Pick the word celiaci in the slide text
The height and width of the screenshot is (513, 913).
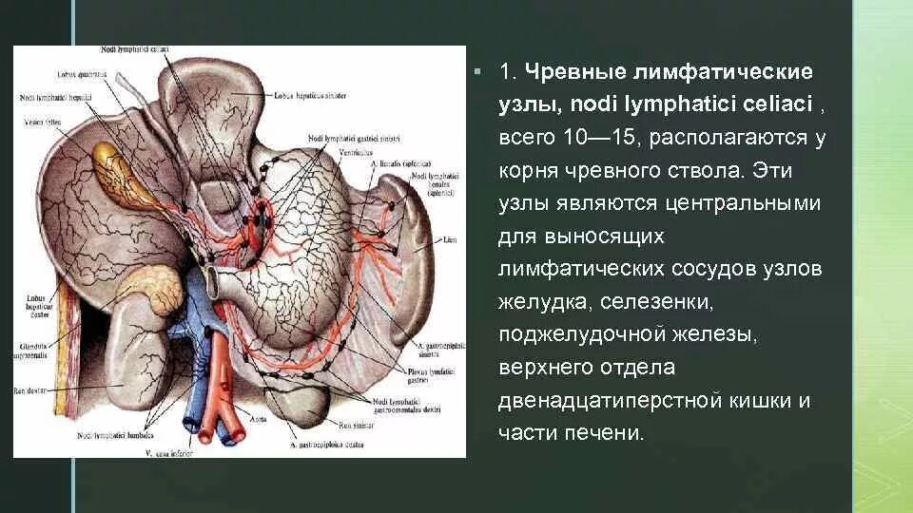point(769,104)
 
